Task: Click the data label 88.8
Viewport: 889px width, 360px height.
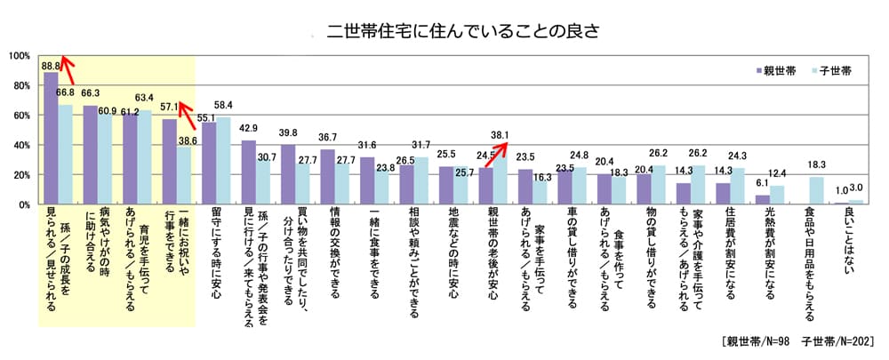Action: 51,66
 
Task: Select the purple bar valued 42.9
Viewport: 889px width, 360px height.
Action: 249,172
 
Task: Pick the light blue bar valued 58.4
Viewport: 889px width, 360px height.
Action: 224,161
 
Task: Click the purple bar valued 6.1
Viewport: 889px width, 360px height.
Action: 763,200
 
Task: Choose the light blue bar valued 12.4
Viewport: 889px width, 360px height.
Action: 777,196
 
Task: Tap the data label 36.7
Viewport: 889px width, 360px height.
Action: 328,138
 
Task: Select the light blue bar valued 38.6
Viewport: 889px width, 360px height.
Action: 185,176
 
